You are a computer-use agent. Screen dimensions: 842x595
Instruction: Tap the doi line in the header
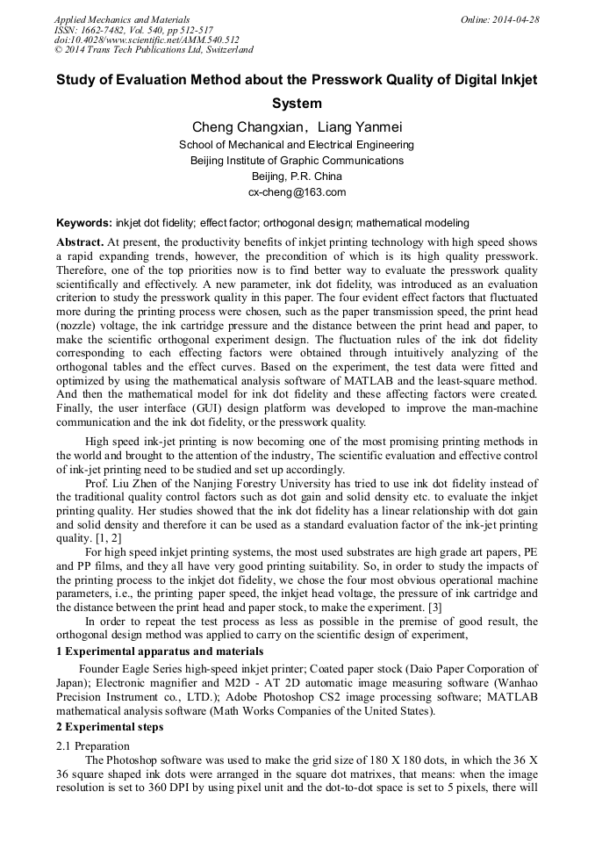[x=147, y=40]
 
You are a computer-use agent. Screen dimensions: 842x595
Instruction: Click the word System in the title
[x=297, y=103]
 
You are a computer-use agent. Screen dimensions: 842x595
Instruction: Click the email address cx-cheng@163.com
[x=297, y=192]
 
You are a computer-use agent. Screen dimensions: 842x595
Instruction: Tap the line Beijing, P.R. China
[x=297, y=176]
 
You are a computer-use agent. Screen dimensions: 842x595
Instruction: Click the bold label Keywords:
[x=84, y=223]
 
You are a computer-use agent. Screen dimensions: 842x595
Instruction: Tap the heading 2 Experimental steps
[x=110, y=727]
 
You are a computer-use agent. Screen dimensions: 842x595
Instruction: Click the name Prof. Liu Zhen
[x=119, y=484]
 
